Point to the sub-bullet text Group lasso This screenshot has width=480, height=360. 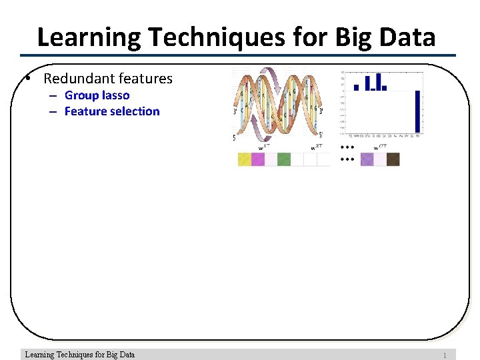(x=97, y=95)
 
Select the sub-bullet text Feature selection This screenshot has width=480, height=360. (x=112, y=111)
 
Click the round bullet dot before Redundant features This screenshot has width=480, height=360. (x=24, y=79)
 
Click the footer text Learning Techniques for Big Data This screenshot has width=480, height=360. (x=79, y=355)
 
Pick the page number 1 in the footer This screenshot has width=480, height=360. (x=445, y=355)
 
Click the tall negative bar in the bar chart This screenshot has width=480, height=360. (x=418, y=111)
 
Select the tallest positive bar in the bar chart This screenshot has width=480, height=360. (x=377, y=81)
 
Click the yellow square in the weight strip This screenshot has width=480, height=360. (x=245, y=159)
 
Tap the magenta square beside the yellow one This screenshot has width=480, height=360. (x=258, y=159)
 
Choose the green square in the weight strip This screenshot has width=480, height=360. (x=284, y=159)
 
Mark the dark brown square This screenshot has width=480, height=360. (x=393, y=159)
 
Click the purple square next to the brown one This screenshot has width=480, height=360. (x=367, y=159)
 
